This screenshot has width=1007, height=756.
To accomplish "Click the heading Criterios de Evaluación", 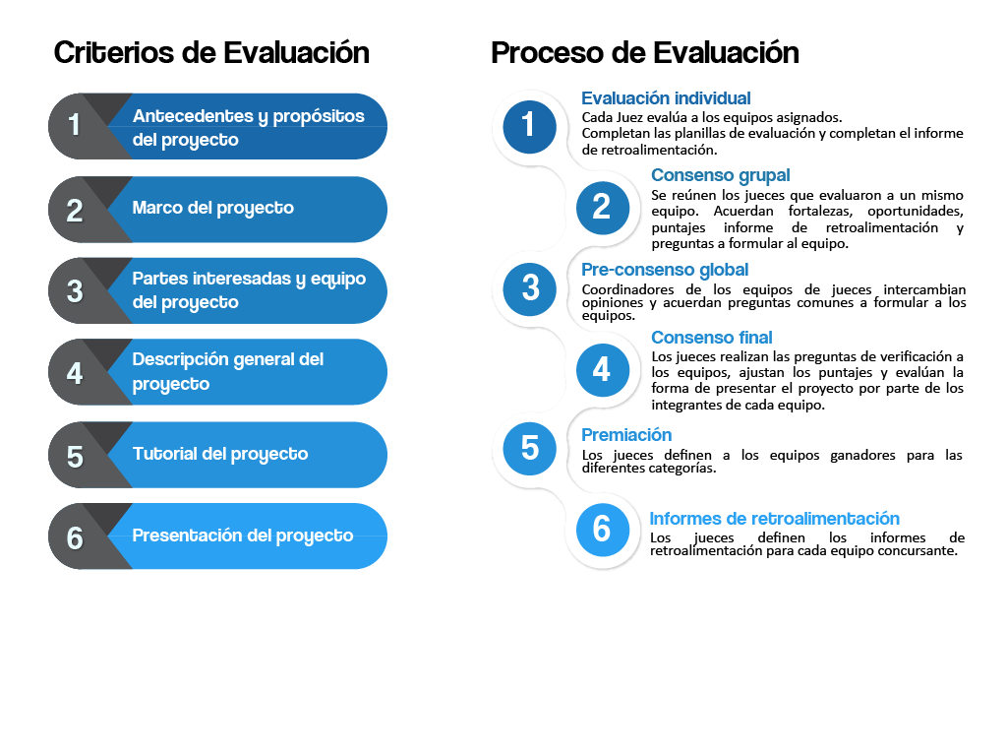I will point(209,52).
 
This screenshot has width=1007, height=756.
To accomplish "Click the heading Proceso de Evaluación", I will point(643,52).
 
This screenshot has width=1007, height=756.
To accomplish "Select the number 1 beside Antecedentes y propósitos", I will point(75,126).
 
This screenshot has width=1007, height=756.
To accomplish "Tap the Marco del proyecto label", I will point(212,209).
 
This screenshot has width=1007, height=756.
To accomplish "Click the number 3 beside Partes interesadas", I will point(75,291).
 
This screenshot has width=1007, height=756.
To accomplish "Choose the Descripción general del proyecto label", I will point(228,372).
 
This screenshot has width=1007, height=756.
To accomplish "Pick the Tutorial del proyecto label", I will point(220,454).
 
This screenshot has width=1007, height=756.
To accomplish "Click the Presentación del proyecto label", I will point(243,535).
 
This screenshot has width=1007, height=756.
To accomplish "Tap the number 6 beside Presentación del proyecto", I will point(75,538).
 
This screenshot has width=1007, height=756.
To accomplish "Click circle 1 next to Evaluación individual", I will point(529,125).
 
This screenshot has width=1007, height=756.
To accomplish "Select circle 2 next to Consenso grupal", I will point(601,207).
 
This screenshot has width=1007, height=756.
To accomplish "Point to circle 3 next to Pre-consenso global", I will point(530,287).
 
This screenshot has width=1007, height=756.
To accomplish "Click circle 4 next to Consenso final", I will point(601,369).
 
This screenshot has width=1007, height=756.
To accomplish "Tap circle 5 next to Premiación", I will point(530,449).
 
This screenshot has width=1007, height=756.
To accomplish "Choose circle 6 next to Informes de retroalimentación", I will point(601,530).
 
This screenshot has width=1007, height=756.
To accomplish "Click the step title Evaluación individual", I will point(666,98).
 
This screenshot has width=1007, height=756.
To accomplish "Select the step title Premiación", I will point(626,435).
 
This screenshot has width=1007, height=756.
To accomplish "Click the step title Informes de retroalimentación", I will point(775,519).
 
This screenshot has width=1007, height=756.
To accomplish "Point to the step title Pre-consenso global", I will point(665,270).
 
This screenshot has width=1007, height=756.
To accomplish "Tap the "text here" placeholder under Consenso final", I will point(686,350).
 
